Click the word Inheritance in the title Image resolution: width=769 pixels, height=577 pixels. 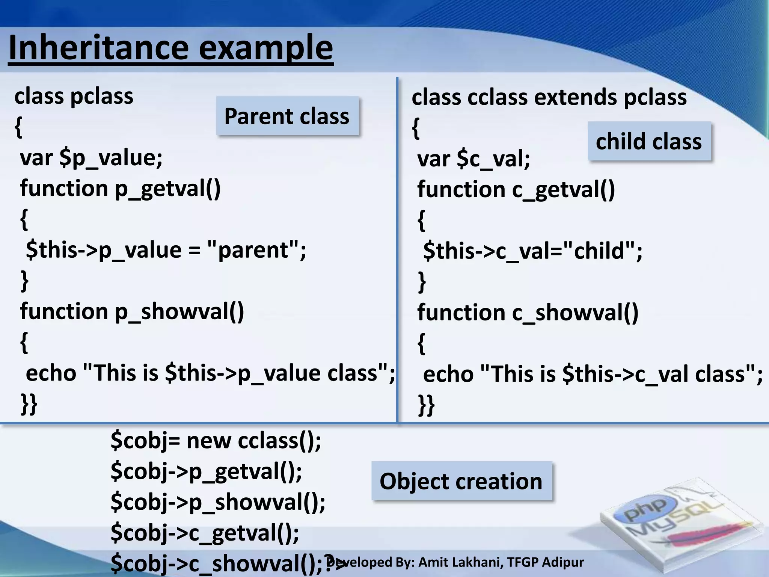(x=98, y=48)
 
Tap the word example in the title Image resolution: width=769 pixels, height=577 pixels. (x=265, y=48)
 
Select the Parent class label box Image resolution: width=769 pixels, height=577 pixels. (x=287, y=116)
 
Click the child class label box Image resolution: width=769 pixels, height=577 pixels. (x=649, y=141)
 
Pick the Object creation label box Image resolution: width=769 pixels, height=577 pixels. (x=461, y=481)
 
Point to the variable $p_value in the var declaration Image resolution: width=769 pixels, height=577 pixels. (x=111, y=158)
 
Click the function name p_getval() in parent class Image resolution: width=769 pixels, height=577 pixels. (x=167, y=189)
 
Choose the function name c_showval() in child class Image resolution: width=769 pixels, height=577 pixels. (x=575, y=313)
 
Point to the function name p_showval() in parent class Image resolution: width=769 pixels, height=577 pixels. (x=179, y=312)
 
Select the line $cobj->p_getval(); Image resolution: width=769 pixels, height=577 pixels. (x=206, y=472)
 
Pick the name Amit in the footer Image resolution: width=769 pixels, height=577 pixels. (x=434, y=562)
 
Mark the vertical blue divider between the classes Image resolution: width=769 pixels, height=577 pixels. (x=397, y=248)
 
